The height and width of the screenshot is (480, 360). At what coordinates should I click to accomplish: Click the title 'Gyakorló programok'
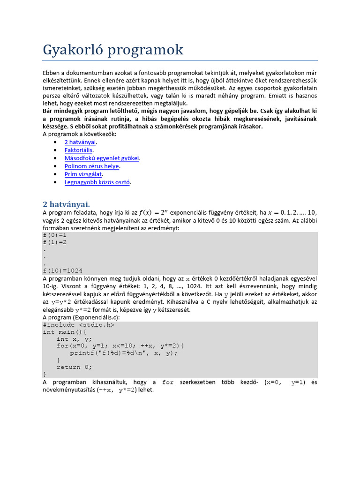[113, 50]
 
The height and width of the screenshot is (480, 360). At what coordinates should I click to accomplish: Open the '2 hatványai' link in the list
[80, 142]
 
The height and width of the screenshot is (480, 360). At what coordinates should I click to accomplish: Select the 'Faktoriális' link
[79, 150]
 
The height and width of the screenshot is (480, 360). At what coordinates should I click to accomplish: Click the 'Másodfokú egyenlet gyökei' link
[102, 158]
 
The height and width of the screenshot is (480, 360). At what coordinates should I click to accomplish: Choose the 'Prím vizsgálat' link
[83, 174]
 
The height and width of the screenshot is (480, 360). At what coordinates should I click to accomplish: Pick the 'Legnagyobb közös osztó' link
[97, 182]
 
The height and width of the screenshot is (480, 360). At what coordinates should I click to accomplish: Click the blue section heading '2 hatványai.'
[66, 204]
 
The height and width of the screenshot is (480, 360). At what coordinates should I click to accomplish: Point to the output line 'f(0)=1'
[54, 235]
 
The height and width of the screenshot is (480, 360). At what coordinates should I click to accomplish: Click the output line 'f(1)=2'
[54, 242]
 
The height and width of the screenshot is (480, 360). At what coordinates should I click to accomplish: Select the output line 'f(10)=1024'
[62, 270]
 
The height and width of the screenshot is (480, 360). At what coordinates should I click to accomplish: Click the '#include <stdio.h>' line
[78, 324]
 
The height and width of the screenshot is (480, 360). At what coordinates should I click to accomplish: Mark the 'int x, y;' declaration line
[75, 339]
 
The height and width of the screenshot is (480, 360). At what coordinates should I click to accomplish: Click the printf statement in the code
[124, 353]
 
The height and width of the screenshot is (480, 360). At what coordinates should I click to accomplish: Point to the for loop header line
[120, 346]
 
